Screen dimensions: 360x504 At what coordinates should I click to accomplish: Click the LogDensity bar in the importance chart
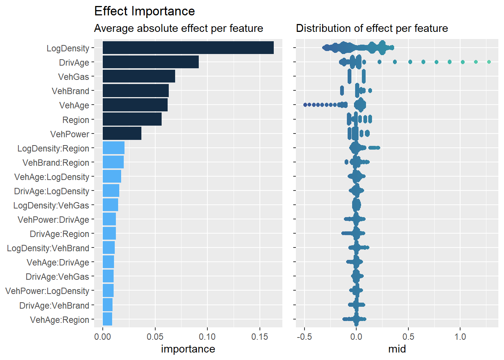point(188,48)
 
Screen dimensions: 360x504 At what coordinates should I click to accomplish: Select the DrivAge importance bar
point(150,62)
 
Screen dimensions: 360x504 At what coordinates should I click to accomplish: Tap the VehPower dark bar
point(122,133)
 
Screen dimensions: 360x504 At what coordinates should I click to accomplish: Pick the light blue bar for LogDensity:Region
point(113,148)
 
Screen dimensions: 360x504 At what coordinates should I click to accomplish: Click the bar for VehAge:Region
point(107,319)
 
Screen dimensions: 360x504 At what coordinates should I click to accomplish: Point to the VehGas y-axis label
point(73,77)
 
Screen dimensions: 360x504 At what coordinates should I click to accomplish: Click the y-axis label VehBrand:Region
point(56,163)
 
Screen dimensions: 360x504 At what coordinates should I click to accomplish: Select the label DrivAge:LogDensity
point(52,191)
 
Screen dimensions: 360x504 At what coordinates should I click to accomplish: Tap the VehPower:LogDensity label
point(47,291)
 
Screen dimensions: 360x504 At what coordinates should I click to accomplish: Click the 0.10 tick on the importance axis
point(207,336)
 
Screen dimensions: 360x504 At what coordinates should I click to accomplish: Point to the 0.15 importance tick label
point(259,336)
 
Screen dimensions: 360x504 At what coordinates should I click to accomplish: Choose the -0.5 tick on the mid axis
point(304,336)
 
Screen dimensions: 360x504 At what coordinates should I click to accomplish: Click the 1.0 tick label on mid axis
point(460,336)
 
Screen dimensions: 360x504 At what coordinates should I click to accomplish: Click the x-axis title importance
point(188,349)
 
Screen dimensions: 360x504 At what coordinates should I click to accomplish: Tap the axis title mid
point(397,349)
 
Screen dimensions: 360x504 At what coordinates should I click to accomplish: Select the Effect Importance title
point(144,11)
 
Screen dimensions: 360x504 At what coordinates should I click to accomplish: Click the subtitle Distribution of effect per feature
point(372,28)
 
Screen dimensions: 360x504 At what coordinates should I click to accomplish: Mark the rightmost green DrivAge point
point(489,62)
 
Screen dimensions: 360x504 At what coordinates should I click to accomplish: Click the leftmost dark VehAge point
point(305,105)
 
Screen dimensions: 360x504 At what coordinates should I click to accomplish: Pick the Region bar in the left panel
point(132,119)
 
